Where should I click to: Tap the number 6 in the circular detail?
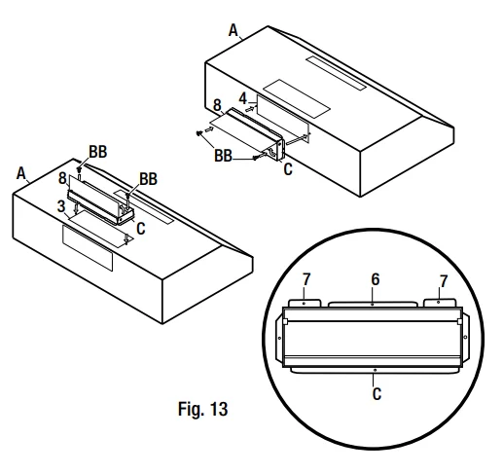[x=375, y=278]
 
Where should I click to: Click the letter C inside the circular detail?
[x=376, y=395]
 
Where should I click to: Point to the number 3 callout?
[x=61, y=206]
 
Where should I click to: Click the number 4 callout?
[x=243, y=97]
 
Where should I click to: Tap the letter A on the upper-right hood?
[x=234, y=32]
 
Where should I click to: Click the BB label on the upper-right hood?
[x=224, y=155]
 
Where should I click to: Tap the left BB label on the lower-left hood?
[x=97, y=153]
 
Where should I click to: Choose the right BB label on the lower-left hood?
[x=148, y=179]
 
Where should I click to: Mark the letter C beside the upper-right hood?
[x=288, y=168]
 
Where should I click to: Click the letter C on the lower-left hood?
[x=141, y=229]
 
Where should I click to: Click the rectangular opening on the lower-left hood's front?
[x=88, y=247]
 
